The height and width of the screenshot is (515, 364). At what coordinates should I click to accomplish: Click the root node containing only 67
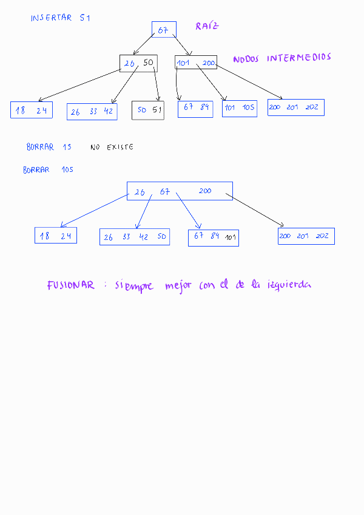click(x=164, y=30)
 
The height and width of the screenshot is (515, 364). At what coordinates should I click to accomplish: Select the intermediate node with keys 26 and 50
click(x=138, y=63)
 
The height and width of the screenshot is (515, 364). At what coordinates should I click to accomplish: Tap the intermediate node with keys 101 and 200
click(x=196, y=63)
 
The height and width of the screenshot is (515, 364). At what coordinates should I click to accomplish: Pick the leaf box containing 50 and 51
click(x=148, y=110)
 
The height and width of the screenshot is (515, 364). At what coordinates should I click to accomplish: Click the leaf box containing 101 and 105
click(x=240, y=108)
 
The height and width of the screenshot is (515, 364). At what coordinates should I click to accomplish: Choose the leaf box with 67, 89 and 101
click(x=213, y=237)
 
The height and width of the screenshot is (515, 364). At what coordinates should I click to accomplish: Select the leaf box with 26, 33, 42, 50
click(x=135, y=237)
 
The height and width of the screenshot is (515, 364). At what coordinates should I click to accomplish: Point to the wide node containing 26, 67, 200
click(x=180, y=191)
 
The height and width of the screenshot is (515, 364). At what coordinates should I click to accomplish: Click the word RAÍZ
click(x=207, y=26)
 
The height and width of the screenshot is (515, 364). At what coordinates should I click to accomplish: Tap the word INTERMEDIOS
click(x=299, y=58)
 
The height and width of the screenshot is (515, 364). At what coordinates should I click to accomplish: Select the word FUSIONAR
click(x=71, y=285)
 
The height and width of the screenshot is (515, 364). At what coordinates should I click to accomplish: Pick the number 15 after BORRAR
click(x=67, y=147)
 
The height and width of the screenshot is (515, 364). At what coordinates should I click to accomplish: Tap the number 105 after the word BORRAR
click(x=67, y=170)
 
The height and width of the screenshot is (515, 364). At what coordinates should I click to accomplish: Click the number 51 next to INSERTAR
click(x=85, y=18)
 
